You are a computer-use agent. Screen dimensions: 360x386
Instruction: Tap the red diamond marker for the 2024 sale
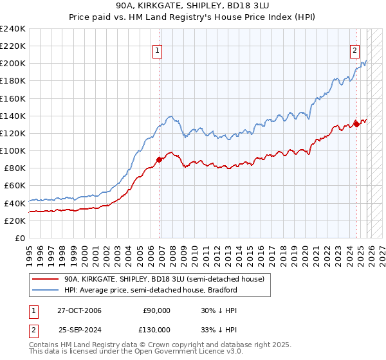[x=356, y=125]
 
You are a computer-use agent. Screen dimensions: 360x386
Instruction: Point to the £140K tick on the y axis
[x=14, y=116]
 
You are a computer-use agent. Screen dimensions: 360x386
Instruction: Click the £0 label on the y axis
[x=21, y=238]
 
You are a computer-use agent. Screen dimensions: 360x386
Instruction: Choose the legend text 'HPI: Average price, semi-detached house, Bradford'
[x=151, y=290]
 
